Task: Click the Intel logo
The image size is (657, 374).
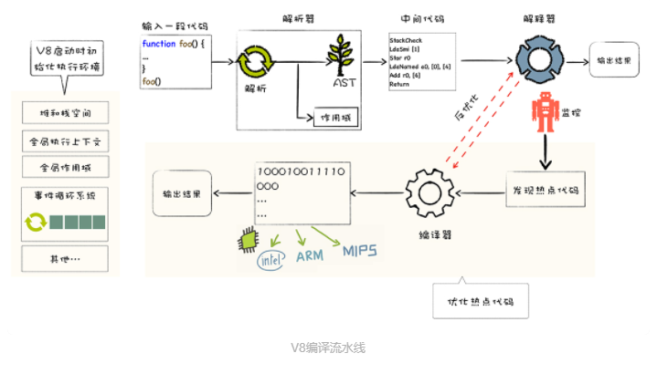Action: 270,261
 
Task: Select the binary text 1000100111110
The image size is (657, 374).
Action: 300,171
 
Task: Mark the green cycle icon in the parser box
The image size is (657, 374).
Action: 255,64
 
